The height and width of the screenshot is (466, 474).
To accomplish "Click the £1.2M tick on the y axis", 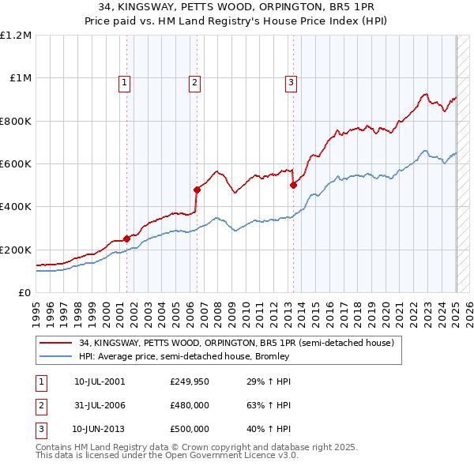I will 16,36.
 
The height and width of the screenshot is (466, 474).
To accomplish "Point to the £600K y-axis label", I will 16,164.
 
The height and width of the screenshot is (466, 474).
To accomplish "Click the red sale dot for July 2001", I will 126,239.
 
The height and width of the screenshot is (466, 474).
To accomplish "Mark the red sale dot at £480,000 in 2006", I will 197,190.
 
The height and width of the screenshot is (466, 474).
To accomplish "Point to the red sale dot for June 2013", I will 293,185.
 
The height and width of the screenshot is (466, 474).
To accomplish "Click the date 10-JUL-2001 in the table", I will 99,382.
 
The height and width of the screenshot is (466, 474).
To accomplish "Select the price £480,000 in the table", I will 189,406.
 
